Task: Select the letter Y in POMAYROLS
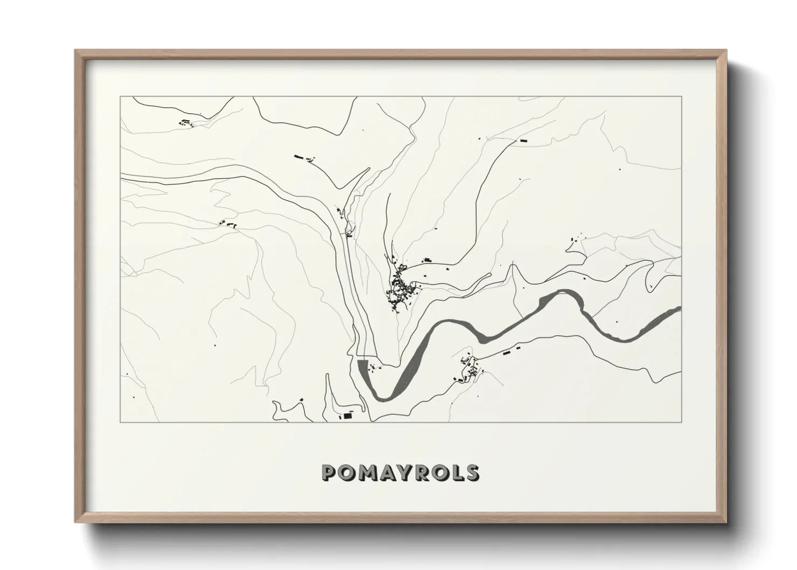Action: coord(407,472)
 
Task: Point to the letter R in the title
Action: coord(425,472)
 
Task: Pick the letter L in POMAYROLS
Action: coord(458,472)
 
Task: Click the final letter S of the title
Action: coord(472,472)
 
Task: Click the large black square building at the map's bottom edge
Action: coord(347,416)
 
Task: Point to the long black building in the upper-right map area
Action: coord(523,140)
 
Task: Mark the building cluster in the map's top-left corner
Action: coord(186,123)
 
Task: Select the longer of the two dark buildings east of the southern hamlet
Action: coord(506,352)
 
